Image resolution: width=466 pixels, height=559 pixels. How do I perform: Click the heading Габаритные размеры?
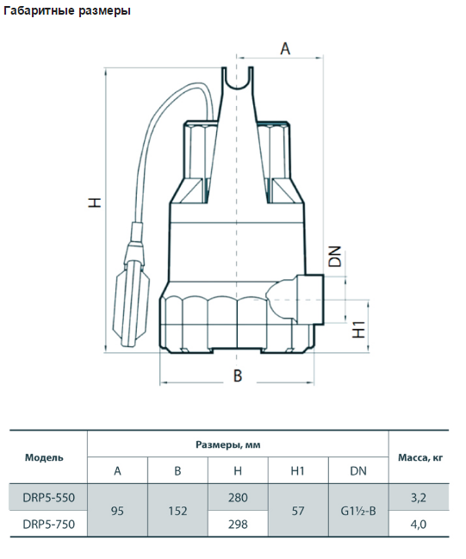pos(67,11)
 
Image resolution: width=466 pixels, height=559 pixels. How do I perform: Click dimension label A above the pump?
pos(285,48)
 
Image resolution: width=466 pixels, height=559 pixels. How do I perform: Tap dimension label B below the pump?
pos(238,376)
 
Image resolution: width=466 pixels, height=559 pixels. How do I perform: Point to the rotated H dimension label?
pos(96,202)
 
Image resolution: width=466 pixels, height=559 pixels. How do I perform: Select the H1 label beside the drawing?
pos(358,329)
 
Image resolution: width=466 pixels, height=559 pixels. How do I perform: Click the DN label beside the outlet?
pos(335,257)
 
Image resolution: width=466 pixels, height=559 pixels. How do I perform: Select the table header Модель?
pos(44,457)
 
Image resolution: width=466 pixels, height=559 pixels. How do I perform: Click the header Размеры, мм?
pos(227,444)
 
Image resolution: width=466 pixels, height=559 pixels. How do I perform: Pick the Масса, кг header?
pos(420,457)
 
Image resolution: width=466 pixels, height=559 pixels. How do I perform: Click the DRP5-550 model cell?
pos(49,497)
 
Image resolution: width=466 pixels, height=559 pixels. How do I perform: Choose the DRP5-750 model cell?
pos(49,524)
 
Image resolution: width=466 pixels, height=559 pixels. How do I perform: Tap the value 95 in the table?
pos(117,511)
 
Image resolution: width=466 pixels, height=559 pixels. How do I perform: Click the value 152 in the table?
pos(177,511)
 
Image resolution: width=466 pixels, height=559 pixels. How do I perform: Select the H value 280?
pos(238,497)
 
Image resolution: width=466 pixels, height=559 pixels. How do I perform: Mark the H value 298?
pos(238,524)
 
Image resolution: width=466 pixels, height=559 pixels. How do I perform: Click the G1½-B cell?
pos(358,511)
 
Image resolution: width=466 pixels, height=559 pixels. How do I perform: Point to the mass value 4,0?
pos(419,524)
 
